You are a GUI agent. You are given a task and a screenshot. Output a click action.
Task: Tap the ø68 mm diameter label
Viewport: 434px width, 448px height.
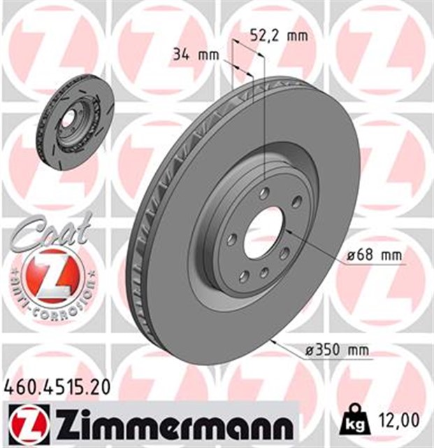[375, 256]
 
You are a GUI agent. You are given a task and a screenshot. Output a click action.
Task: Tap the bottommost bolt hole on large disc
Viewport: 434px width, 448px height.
[264, 272]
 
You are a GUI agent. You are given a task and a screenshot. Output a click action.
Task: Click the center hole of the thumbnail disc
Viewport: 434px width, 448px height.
[68, 119]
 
